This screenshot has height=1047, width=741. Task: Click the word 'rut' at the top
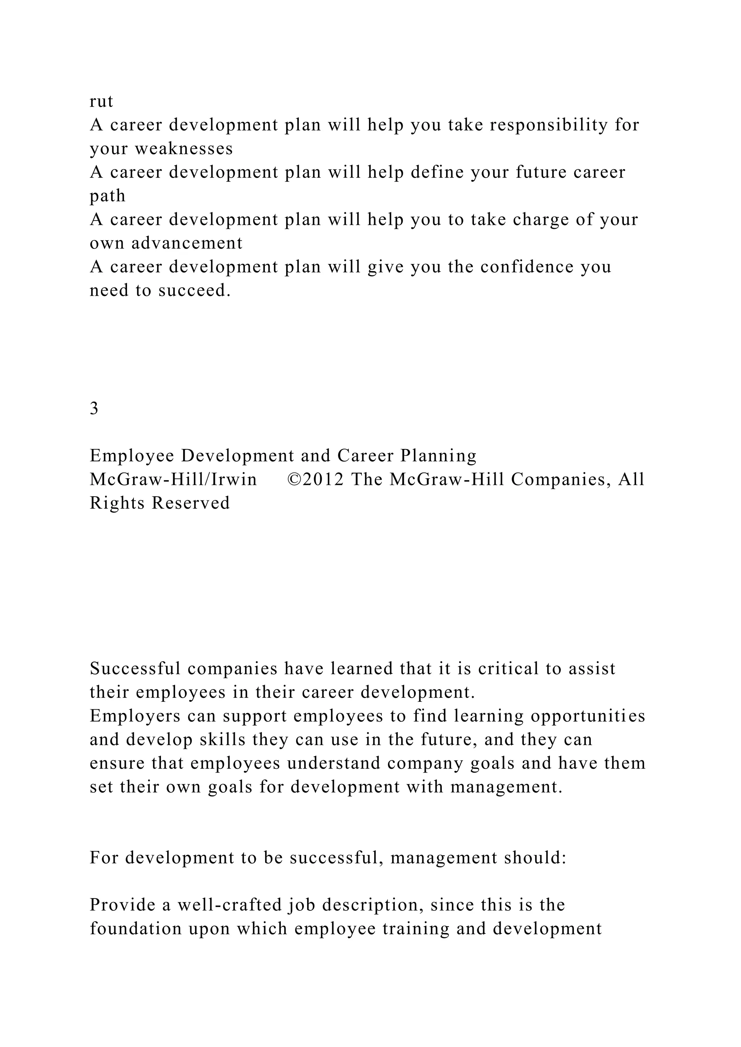point(101,101)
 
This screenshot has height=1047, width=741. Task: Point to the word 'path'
point(107,196)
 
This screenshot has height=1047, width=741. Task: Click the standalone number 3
point(94,409)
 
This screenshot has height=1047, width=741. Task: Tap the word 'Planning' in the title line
point(438,456)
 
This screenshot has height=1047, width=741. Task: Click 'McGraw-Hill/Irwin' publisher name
point(173,479)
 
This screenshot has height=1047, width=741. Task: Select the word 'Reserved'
point(191,503)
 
